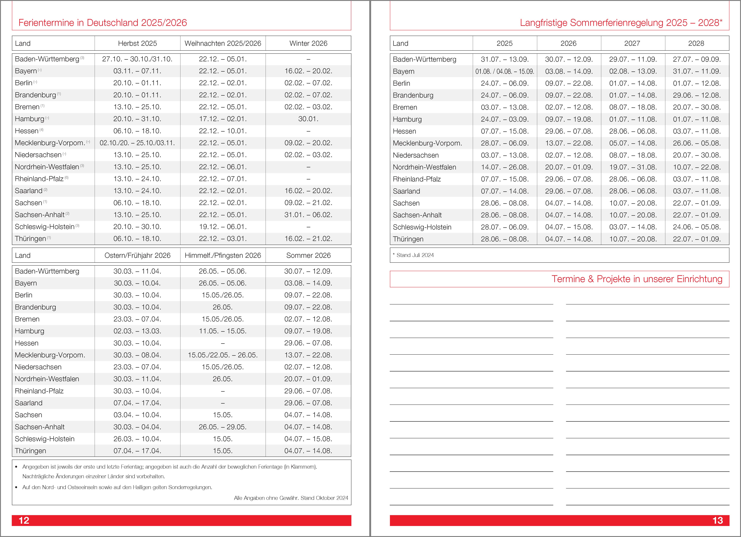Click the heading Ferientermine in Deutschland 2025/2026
pyautogui.click(x=103, y=22)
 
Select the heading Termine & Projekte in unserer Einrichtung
pyautogui.click(x=637, y=279)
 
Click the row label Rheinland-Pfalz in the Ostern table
pyautogui.click(x=39, y=391)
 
